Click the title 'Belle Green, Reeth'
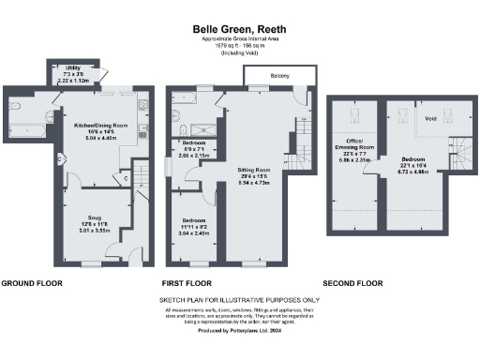point(238,29)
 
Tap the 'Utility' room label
point(73,68)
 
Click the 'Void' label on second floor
point(430,119)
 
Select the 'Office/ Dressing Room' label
point(354,147)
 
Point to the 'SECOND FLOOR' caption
point(352,282)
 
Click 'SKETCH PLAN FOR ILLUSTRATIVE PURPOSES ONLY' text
point(238,301)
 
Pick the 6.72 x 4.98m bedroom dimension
point(413,172)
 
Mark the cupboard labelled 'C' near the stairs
point(126,177)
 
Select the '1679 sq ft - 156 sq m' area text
point(238,45)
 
